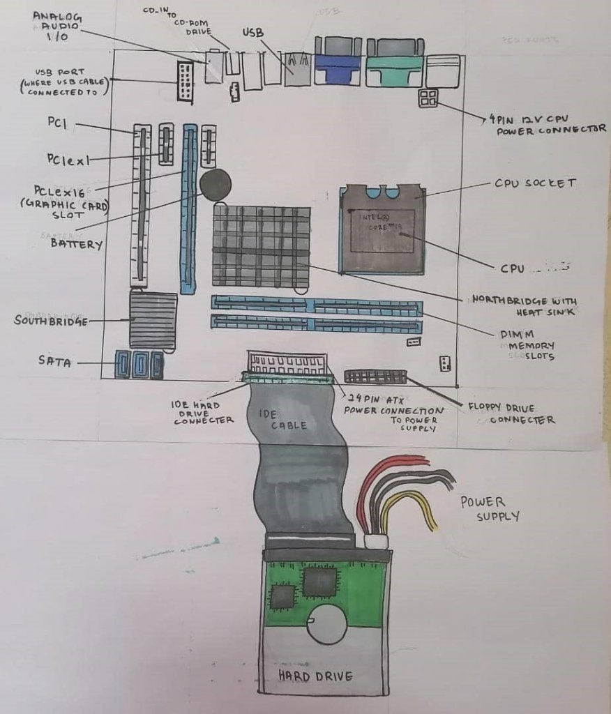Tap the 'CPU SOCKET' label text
[535, 183]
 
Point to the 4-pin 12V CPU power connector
[428, 98]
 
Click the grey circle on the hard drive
[328, 623]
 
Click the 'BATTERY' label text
[76, 243]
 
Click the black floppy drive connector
[375, 377]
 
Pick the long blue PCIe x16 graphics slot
[188, 209]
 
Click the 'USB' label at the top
[252, 33]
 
